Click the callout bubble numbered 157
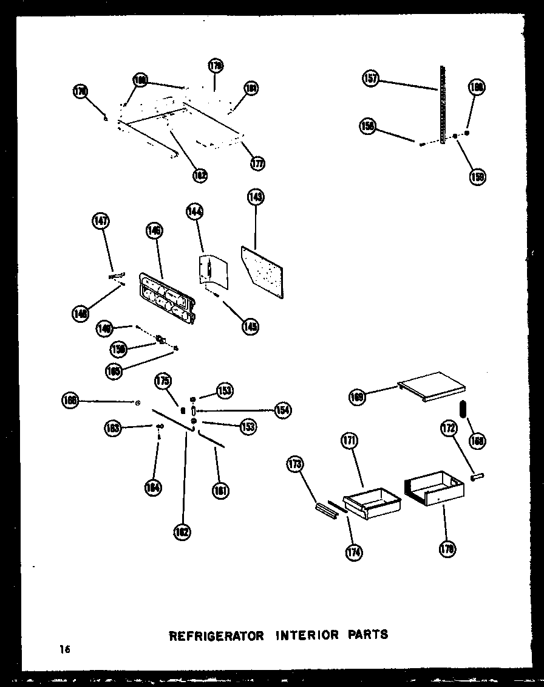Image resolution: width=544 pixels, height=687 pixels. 370,78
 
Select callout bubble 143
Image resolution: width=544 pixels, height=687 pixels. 255,197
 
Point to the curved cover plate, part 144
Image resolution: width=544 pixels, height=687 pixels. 213,270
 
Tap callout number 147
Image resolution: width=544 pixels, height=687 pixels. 101,221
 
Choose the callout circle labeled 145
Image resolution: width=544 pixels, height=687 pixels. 250,326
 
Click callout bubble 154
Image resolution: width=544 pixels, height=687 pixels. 282,410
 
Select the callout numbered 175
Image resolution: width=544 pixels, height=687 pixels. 162,382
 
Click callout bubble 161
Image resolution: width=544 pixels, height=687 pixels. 221,490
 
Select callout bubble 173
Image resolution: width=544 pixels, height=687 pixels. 295,465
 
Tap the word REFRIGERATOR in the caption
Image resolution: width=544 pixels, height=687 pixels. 216,636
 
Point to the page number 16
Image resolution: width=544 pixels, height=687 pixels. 65,649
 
